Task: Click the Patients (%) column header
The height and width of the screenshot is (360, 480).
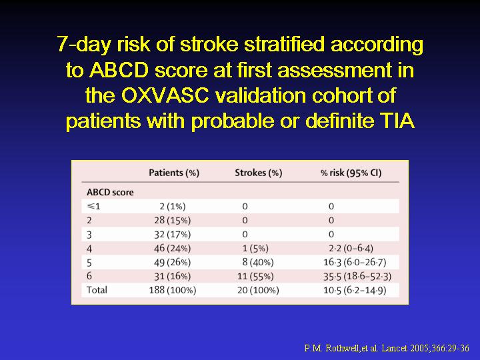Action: [x=174, y=173]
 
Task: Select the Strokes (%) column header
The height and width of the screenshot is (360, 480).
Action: [x=259, y=173]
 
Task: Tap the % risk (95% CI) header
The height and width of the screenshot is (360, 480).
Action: [x=351, y=173]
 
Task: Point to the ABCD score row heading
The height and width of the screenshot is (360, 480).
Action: [x=110, y=192]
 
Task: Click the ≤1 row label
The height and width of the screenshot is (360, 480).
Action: [x=93, y=206]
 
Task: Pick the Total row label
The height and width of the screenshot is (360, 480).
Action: [x=97, y=290]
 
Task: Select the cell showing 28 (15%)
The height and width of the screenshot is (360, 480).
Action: [x=173, y=221]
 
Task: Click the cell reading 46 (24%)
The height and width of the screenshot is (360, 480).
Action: [x=173, y=248]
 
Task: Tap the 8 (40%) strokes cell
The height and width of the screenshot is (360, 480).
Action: [x=258, y=263]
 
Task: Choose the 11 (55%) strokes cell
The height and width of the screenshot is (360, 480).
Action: [x=255, y=277]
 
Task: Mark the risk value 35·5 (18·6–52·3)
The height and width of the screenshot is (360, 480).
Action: [x=357, y=277]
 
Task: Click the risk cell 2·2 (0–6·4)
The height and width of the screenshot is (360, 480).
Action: [x=351, y=248]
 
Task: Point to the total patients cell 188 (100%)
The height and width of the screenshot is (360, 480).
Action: [x=173, y=290]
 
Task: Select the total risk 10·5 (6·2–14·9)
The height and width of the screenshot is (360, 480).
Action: [x=355, y=290]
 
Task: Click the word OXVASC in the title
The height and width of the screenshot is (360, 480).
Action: [x=165, y=95]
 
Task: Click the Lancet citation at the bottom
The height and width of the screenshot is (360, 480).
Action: [x=387, y=348]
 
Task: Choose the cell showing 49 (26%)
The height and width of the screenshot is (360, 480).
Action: [x=173, y=263]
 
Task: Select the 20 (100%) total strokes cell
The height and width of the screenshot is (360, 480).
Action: [x=258, y=290]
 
